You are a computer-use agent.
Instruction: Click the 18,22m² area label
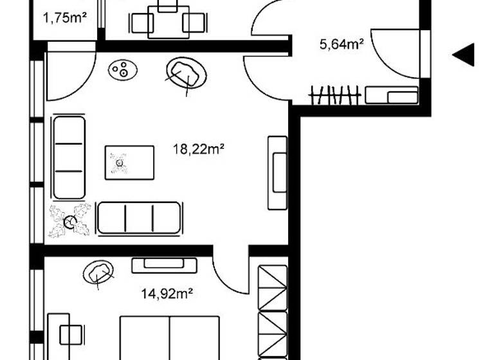(198, 149)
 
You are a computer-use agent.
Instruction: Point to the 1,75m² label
(65, 18)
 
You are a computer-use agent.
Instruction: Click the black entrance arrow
(464, 55)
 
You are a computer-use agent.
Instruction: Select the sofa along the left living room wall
(69, 157)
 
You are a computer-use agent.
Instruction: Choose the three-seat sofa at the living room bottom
(139, 217)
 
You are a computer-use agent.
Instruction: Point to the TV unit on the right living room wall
(278, 172)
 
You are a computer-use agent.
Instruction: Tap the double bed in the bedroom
(170, 337)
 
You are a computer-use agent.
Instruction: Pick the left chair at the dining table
(142, 24)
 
